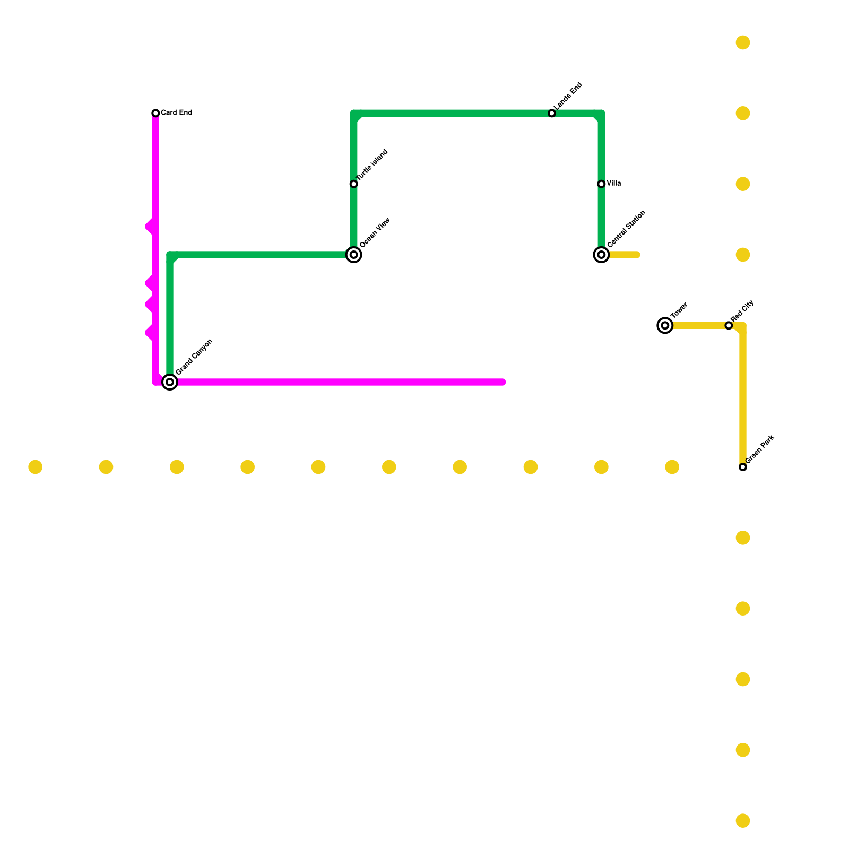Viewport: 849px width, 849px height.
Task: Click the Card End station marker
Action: (x=155, y=113)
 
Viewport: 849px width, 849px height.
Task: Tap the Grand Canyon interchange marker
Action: (x=170, y=382)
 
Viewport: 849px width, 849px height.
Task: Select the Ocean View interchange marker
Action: (x=354, y=255)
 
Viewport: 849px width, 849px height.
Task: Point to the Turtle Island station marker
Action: (x=354, y=184)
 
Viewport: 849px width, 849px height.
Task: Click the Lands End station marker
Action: (x=552, y=114)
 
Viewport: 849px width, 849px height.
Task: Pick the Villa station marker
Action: (x=601, y=184)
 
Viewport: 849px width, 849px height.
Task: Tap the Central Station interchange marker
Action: (x=601, y=255)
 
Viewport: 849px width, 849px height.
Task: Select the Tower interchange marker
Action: (x=665, y=325)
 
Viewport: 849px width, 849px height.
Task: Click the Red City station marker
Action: (x=729, y=325)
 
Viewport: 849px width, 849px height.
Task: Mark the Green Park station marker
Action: (x=743, y=467)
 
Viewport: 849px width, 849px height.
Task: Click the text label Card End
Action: (x=176, y=113)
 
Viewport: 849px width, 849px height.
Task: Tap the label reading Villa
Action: (x=614, y=184)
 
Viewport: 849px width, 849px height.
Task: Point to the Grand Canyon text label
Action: (x=194, y=357)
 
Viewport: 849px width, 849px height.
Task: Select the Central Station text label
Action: (x=626, y=229)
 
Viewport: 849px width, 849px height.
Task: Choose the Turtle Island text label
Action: (x=372, y=165)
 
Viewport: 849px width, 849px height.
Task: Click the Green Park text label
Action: (x=760, y=449)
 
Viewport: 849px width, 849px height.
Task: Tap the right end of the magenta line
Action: (x=503, y=382)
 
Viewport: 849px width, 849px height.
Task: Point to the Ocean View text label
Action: (x=375, y=232)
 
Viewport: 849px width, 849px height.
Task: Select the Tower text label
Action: (x=679, y=310)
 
